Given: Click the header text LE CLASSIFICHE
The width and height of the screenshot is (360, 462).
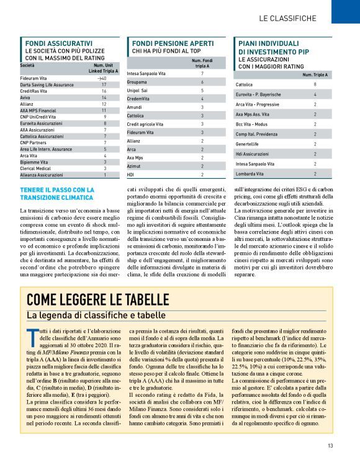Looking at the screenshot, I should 287,18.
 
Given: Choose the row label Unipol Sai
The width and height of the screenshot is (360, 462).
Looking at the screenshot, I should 138,90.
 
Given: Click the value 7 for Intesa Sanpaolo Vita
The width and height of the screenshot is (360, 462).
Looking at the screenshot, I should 202,74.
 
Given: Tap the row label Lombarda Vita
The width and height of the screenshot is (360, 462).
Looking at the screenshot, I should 250,174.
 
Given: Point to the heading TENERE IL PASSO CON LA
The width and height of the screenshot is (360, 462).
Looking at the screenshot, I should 57,189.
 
